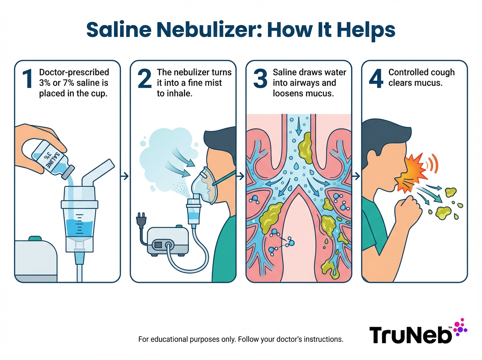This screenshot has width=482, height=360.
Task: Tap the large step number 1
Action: [x=27, y=79]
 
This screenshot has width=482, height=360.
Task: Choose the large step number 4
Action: [x=376, y=79]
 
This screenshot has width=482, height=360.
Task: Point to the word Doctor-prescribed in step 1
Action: [x=74, y=73]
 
